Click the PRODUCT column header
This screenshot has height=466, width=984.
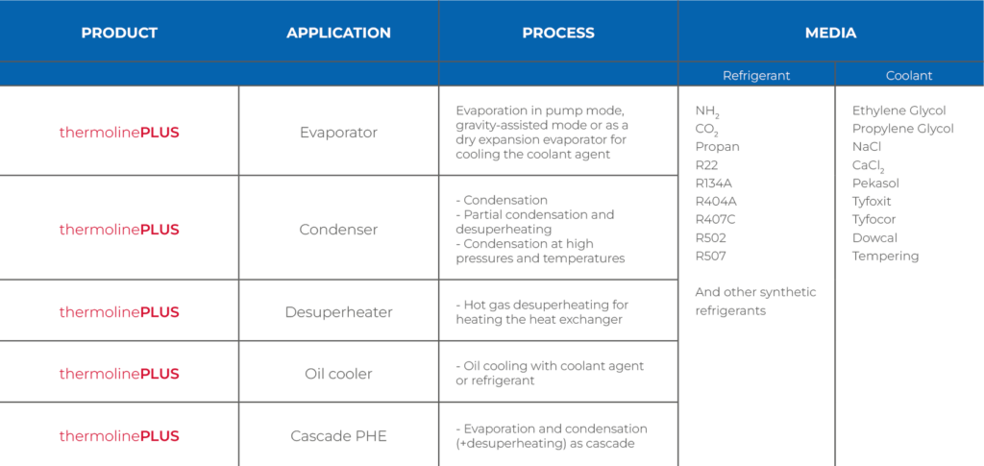119,33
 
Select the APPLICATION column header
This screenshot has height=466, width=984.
338,33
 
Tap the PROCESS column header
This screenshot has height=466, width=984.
558,33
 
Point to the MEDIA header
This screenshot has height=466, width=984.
830,33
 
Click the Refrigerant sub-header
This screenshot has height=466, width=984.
756,75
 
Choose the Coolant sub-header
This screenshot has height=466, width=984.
909,75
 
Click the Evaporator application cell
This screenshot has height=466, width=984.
338,133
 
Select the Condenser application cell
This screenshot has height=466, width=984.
338,230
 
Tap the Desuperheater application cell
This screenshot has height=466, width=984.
338,312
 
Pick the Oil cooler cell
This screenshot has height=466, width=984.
338,374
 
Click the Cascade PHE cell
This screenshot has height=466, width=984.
338,436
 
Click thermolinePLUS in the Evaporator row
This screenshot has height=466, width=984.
119,133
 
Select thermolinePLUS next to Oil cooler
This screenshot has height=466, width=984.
119,374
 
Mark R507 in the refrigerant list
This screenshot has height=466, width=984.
712,256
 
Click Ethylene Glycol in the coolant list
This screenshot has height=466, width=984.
898,110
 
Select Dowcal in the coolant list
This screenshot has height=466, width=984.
874,237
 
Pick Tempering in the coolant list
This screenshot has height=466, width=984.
885,256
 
